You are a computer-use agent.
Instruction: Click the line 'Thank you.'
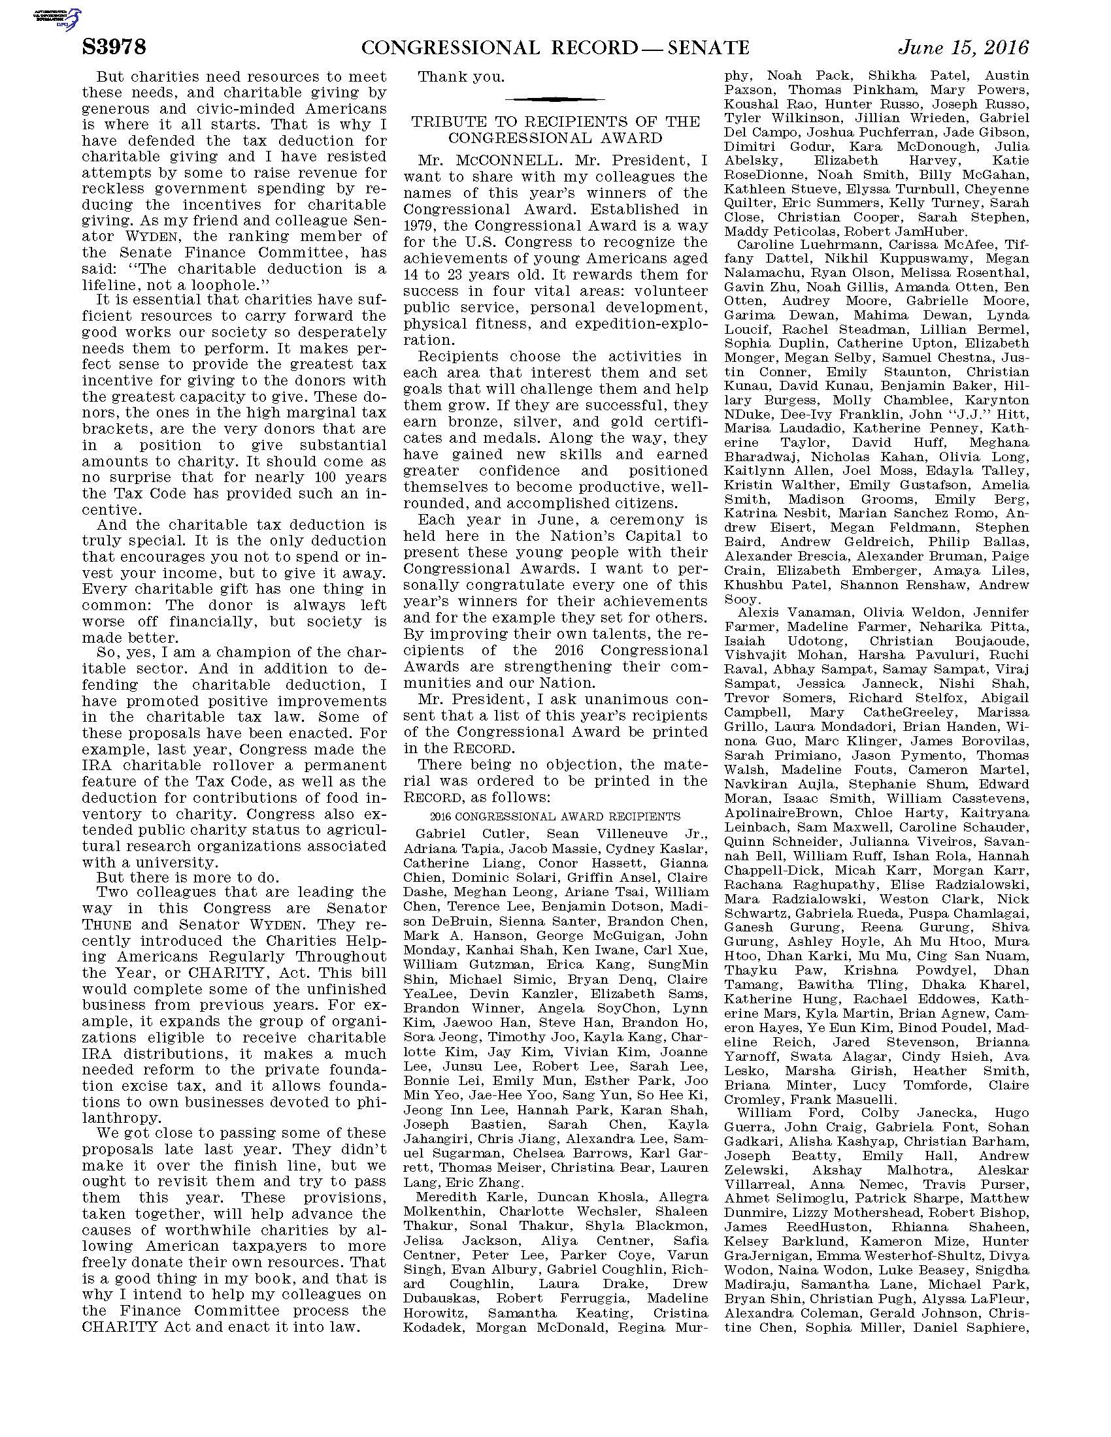[462, 77]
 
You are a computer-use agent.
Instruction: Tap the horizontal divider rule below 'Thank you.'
[555, 99]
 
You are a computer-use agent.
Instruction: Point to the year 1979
[423, 226]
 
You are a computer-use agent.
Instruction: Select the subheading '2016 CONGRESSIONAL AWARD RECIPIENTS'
[555, 816]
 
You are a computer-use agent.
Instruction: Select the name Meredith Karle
[461, 1195]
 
